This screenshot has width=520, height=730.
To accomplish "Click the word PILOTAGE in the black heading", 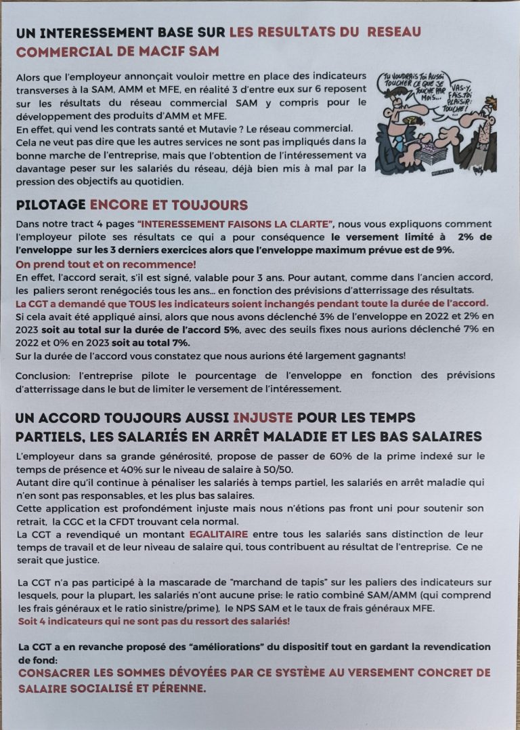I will pos(51,205).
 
